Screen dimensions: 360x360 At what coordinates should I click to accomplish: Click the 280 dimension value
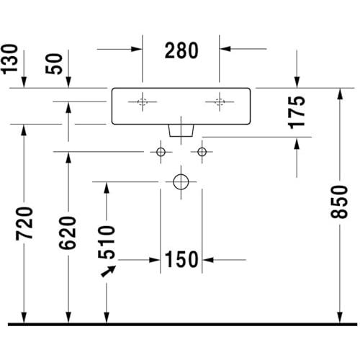(181, 50)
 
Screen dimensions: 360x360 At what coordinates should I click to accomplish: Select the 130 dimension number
(9, 59)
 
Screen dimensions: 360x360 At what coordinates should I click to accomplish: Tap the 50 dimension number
(54, 63)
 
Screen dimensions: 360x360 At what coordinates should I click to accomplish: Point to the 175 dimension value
(297, 112)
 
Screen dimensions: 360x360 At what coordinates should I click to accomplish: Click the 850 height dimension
(339, 202)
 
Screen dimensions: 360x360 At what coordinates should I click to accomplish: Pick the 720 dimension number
(24, 223)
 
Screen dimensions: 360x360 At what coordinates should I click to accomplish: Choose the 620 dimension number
(68, 233)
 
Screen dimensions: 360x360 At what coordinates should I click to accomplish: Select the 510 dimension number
(107, 242)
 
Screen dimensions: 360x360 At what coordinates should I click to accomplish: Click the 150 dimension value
(181, 259)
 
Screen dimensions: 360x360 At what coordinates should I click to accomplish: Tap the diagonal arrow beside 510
(109, 271)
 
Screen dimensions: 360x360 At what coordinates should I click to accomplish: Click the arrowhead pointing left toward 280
(225, 49)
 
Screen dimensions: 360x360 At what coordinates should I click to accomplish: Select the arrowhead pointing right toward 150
(155, 260)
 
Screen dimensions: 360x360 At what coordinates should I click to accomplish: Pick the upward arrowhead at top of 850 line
(339, 94)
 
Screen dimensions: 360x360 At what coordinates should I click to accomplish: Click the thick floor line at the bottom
(182, 324)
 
